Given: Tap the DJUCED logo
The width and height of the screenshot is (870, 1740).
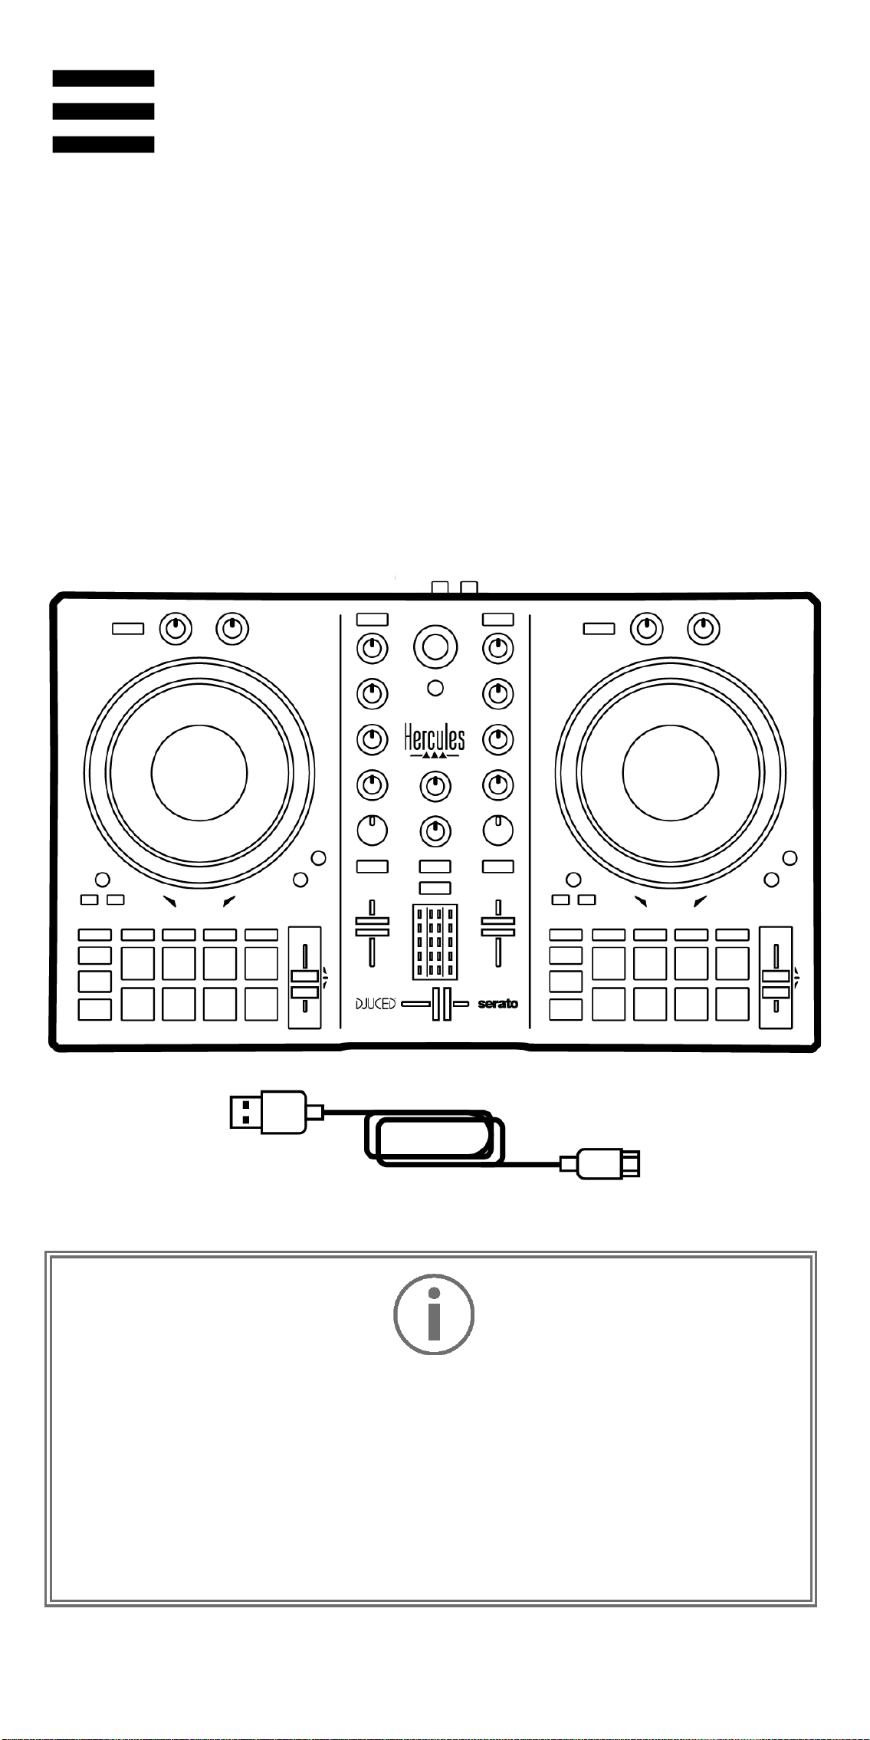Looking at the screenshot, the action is coord(376,1004).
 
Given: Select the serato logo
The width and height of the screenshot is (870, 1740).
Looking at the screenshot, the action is coord(498,1004).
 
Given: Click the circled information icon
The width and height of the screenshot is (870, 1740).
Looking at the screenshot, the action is coord(434,1314).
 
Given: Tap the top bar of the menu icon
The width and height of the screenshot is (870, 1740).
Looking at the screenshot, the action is coord(103,78).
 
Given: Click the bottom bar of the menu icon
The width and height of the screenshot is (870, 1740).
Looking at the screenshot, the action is coord(103,144).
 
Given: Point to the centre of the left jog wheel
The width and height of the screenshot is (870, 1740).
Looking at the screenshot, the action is coord(199,772).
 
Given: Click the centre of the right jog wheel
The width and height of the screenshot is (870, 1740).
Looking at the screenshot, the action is coord(671,772).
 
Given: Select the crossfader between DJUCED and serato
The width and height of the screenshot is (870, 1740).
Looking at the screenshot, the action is coord(442,1004).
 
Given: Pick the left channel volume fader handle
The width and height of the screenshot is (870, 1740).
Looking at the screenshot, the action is coord(372,926).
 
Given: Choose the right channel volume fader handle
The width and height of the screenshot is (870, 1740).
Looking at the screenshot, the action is coord(498,926).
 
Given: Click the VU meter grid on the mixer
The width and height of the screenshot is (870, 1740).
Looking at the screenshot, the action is coord(435,942).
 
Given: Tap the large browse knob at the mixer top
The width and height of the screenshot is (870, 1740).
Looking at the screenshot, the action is coord(435,646).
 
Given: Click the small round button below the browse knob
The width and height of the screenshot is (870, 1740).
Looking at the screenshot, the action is coord(435,688).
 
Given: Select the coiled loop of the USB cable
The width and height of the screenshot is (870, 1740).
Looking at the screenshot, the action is coord(434,1138).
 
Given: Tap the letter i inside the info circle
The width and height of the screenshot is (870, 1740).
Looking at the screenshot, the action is coord(434,1314).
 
